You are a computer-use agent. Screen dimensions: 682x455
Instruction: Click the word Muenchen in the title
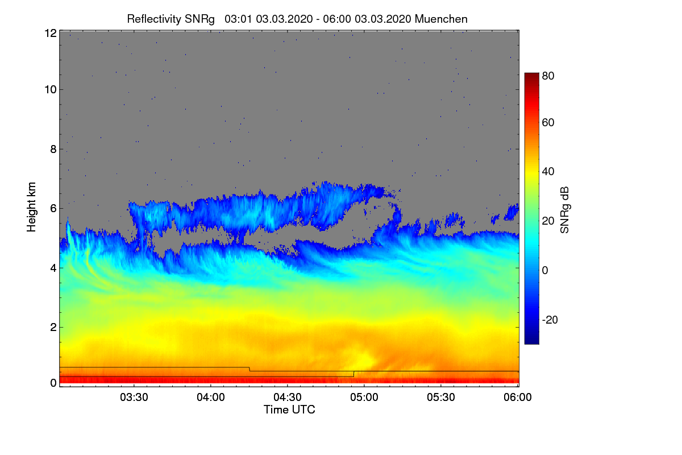[x=441, y=19]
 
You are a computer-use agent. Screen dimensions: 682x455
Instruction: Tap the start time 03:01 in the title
[x=238, y=19]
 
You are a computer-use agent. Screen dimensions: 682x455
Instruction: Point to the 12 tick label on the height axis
[x=51, y=33]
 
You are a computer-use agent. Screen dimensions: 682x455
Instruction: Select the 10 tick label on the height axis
[x=51, y=90]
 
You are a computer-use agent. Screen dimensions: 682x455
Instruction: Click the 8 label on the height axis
[x=53, y=149]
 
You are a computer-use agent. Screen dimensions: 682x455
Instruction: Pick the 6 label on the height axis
[x=53, y=209]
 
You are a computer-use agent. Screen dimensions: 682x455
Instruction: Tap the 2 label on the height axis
[x=53, y=327]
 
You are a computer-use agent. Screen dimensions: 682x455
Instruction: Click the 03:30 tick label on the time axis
[x=134, y=397]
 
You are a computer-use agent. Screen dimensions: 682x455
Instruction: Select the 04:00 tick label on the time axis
[x=211, y=397]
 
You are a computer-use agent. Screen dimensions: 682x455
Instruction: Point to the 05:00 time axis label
[x=364, y=397]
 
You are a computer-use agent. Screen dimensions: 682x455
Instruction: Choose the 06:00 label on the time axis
[x=518, y=397]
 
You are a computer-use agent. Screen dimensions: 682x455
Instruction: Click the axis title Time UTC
[x=289, y=409]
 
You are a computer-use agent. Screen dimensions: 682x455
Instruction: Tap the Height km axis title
[x=31, y=207]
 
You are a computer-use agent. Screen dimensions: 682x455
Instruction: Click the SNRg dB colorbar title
[x=564, y=210]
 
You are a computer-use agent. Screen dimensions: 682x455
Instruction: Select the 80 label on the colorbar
[x=548, y=76]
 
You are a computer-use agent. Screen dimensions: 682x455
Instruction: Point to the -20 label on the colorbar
[x=550, y=320]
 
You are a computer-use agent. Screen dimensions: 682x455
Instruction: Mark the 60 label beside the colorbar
[x=548, y=122]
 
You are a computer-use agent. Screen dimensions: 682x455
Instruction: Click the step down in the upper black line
[x=249, y=369]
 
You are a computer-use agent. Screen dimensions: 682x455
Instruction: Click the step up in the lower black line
[x=354, y=374]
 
